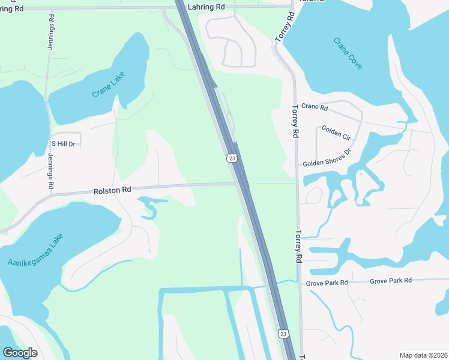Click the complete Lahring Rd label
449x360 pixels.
206,7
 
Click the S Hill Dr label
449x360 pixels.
63,144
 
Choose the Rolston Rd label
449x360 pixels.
112,190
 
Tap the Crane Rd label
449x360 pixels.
315,107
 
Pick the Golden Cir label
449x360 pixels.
336,132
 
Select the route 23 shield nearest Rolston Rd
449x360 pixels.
232,158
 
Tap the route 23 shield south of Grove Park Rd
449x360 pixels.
283,333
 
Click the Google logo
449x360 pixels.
20,353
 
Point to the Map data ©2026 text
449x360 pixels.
423,355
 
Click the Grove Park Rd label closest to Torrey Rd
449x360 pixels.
327,282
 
